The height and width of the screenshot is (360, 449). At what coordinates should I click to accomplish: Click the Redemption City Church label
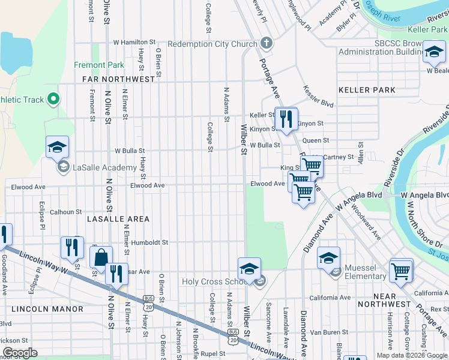pos(212,44)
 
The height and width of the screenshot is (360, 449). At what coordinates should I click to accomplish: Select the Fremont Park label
pos(99,65)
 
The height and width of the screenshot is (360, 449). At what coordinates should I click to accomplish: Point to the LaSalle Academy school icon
pos(57,147)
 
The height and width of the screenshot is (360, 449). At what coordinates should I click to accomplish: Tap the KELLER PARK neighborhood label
pos(367,90)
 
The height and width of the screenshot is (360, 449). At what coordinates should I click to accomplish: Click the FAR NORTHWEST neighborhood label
pos(119,79)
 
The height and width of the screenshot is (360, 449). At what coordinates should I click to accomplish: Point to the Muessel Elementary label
pos(364,272)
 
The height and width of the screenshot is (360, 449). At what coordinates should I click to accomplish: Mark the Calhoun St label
pos(65,212)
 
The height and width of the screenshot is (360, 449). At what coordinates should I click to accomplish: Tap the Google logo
pos(20,353)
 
